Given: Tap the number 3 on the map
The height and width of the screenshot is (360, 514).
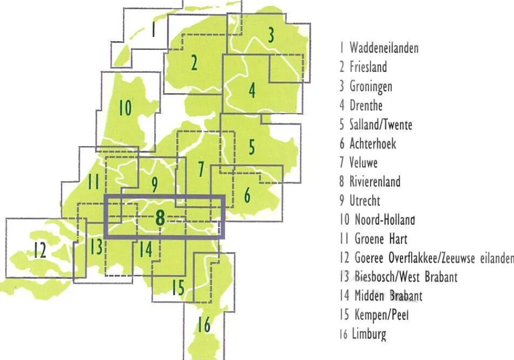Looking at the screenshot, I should coord(270,35).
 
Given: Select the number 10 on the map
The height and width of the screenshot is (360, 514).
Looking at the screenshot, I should coord(125,108).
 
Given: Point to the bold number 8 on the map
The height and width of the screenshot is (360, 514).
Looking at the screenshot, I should coord(160,218).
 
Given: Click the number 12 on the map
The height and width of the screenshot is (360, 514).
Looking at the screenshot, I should coord(40,250).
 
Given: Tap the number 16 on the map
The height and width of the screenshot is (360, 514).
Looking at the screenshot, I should coord(204,325).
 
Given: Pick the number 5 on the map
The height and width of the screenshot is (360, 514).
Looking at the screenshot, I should coord(252,147).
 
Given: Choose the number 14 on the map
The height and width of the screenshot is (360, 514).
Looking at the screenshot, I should coord(145,250).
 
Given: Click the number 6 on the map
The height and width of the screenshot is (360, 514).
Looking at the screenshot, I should coord(247,195).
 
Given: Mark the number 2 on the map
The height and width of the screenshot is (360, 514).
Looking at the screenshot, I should coord(194,63).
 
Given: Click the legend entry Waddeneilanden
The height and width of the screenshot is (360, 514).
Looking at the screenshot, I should coord(383,48).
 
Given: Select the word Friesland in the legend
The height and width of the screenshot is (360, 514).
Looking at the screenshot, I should coord(368,67).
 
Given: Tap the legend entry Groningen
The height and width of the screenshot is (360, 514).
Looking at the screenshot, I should coord(371,86).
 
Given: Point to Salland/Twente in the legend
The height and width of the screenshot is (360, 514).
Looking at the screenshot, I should coord(380,124).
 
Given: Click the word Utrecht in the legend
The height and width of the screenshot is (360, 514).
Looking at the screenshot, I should coord(365,201).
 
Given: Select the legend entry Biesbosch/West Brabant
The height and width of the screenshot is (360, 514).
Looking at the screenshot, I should coord(406,277).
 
